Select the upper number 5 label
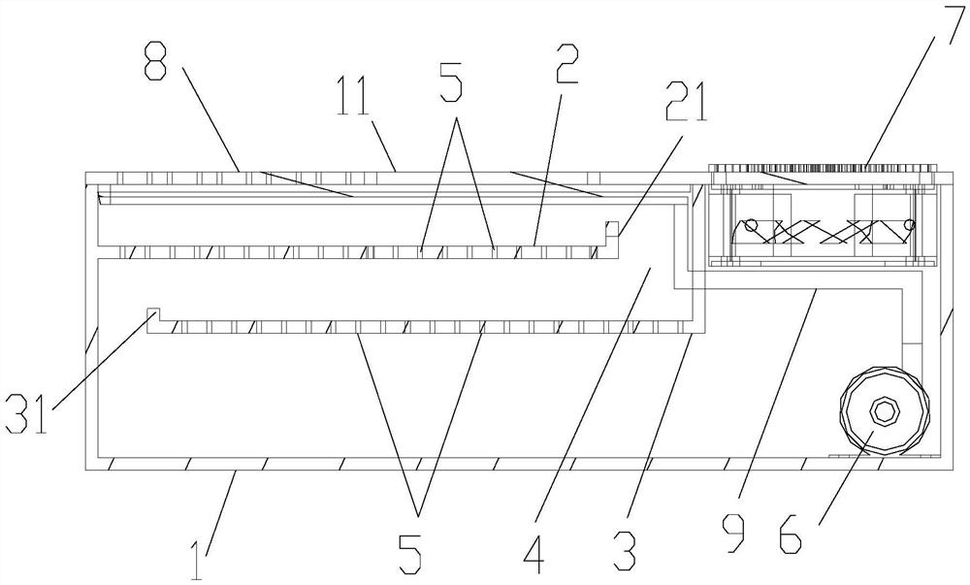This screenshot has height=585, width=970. [x=452, y=86]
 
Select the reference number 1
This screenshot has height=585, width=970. [x=198, y=558]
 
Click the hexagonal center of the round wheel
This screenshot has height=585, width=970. [x=883, y=410]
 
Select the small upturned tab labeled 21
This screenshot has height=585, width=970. [x=611, y=229]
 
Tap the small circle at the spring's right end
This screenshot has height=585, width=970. [x=908, y=226]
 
